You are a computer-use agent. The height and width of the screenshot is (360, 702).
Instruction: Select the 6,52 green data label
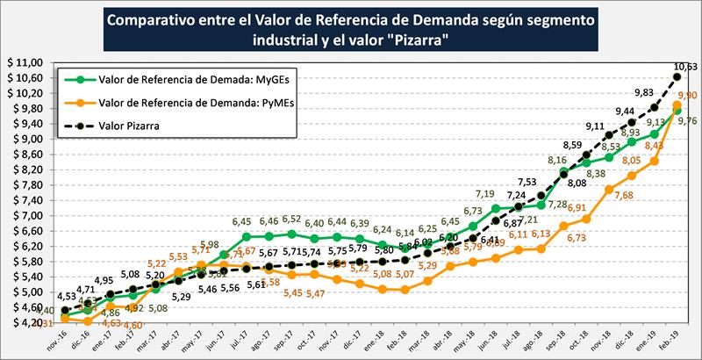point(292,220)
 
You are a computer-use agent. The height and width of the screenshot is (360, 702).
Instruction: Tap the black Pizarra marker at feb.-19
point(677,77)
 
